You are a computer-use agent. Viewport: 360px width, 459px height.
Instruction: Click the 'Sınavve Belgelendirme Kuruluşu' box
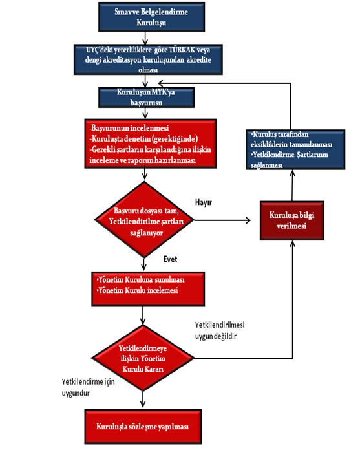coord(151,17)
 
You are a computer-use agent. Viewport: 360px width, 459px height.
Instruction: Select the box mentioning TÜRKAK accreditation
coord(148,59)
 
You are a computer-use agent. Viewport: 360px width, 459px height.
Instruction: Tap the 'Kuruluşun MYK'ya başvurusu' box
coord(146,98)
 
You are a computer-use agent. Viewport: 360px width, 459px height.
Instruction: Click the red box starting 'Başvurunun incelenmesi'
coord(151,144)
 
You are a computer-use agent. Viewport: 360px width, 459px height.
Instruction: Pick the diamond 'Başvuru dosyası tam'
coord(144,220)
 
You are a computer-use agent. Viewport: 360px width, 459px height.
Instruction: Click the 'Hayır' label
coord(204,202)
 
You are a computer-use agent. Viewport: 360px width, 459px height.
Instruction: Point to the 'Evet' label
coord(170,259)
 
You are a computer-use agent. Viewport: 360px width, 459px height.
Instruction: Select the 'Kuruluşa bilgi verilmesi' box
coord(291,220)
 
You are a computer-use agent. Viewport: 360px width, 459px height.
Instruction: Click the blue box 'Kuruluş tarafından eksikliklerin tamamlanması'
coord(295,149)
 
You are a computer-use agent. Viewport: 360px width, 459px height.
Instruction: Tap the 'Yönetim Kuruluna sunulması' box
coord(148,289)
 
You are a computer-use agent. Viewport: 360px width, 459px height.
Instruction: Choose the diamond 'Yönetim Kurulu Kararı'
coord(143,358)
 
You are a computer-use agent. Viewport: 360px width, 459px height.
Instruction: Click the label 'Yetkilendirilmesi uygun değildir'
coord(220,330)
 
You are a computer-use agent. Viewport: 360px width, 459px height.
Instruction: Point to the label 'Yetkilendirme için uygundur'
coord(88,387)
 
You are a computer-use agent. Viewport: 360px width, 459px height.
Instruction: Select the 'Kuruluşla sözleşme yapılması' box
coord(143,427)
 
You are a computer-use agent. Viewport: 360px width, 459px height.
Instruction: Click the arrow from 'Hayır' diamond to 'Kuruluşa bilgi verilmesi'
coord(222,220)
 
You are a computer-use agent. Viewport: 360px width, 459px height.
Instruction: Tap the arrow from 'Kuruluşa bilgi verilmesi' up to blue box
coord(292,186)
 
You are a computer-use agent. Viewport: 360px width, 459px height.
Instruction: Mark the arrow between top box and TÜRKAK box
coord(145,38)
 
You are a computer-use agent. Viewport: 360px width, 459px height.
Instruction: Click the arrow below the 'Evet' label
coord(143,264)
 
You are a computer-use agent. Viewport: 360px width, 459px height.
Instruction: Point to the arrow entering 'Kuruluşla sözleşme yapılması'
coord(143,399)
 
